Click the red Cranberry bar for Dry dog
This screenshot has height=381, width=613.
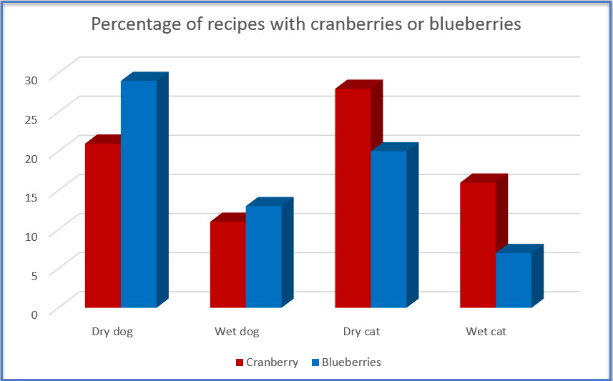[x=103, y=225]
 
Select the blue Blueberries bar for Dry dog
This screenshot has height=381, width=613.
[x=139, y=194]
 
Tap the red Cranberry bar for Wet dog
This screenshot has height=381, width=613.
[x=228, y=264]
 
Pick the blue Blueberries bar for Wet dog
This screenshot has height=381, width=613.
[x=264, y=257]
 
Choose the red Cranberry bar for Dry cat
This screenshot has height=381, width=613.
[x=353, y=198]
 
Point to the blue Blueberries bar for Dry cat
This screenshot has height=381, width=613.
[x=389, y=229]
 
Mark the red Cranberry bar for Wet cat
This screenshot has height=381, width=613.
[x=479, y=245]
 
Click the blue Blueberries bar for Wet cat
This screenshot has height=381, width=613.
[x=514, y=280]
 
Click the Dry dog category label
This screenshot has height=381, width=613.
[x=112, y=332]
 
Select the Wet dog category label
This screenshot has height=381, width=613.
[x=237, y=332]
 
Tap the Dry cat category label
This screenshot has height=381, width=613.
[x=362, y=332]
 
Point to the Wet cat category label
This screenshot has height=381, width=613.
[x=486, y=332]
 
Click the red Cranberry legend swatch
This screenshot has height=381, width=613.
[x=240, y=362]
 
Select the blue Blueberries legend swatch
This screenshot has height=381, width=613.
[x=315, y=362]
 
